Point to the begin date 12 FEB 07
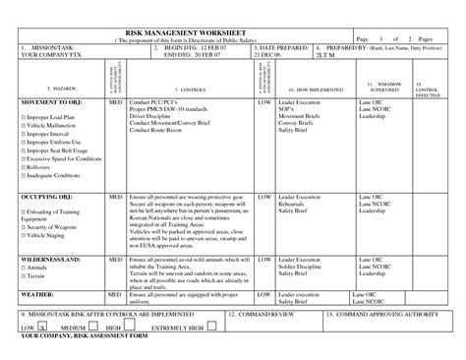[x=221, y=47]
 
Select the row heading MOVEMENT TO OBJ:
[x=50, y=100]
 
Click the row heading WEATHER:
[x=38, y=294]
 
